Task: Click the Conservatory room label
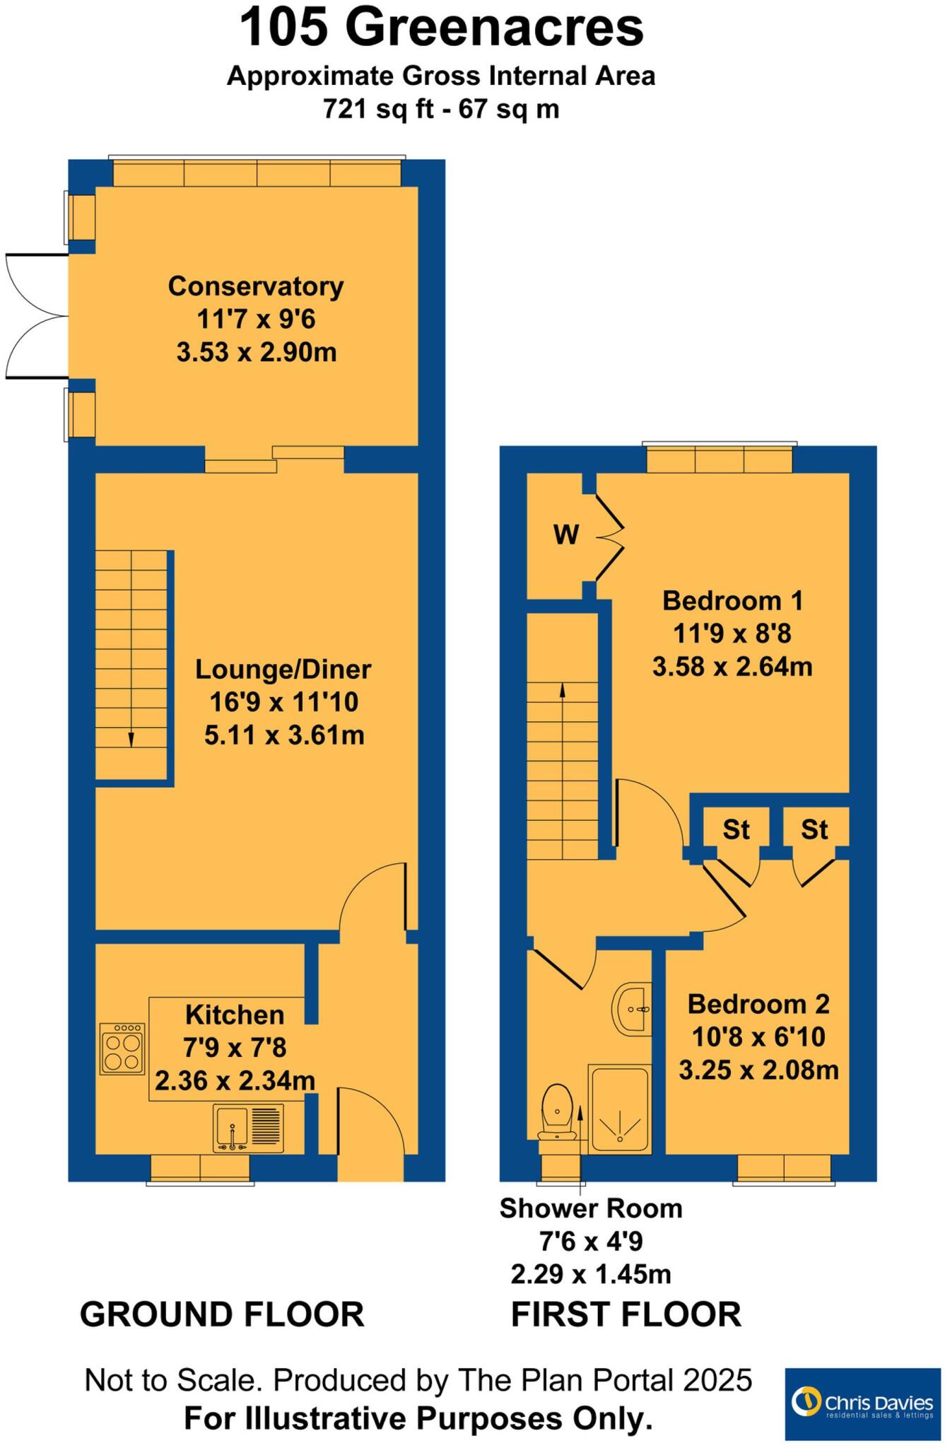(256, 286)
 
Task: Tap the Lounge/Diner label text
(283, 669)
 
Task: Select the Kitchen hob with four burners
(122, 1049)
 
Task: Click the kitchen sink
(248, 1128)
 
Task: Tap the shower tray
(620, 1110)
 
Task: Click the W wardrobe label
(566, 535)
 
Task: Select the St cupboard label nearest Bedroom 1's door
(736, 829)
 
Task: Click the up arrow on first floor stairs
(563, 689)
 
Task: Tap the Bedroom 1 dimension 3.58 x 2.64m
(732, 666)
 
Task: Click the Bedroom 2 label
(758, 1004)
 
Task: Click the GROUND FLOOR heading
(222, 1314)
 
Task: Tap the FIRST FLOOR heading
(626, 1314)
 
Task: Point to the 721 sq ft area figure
(366, 109)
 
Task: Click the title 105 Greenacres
(442, 28)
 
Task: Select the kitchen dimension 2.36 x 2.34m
(235, 1080)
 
